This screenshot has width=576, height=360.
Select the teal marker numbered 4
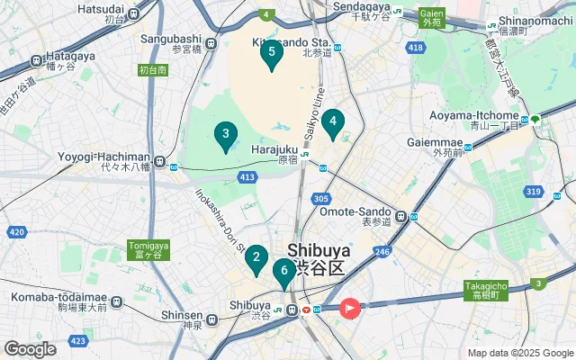(x=333, y=122)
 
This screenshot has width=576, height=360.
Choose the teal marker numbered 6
(x=284, y=271)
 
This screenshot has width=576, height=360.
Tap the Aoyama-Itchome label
(x=481, y=115)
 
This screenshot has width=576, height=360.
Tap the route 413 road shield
(x=247, y=177)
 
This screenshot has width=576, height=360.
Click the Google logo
(x=30, y=348)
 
